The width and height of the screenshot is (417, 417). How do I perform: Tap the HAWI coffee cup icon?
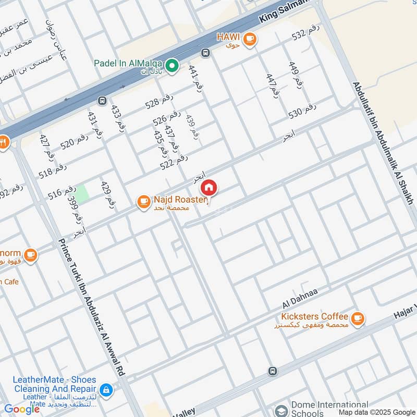point(250,38)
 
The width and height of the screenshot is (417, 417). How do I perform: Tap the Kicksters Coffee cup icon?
point(357,318)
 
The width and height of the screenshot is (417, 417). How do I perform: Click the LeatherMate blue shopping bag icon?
point(106,389)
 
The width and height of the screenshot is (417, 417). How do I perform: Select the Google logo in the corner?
point(22,409)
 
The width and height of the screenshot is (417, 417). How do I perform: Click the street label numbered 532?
point(305,33)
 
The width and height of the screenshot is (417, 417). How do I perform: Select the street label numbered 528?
point(159,101)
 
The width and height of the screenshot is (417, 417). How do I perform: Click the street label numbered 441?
point(195,77)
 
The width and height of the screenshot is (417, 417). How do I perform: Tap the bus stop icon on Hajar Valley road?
point(272,371)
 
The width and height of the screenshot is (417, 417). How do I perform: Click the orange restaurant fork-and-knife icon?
point(3,141)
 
